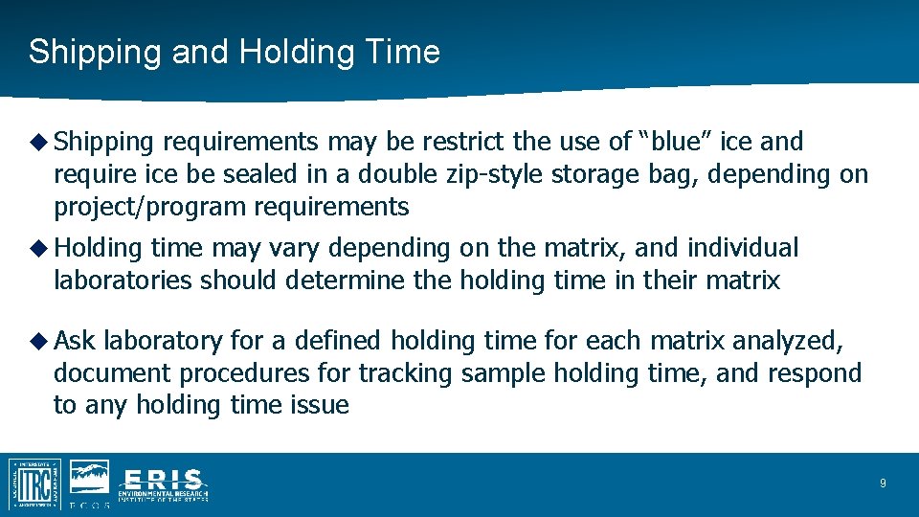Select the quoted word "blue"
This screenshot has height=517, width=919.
675,142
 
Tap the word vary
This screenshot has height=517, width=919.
295,248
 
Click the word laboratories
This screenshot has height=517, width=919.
123,281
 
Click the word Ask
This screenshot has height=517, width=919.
75,341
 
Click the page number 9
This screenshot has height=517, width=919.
883,483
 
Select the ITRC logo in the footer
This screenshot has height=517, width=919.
34,483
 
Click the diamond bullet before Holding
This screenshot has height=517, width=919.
39,248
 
